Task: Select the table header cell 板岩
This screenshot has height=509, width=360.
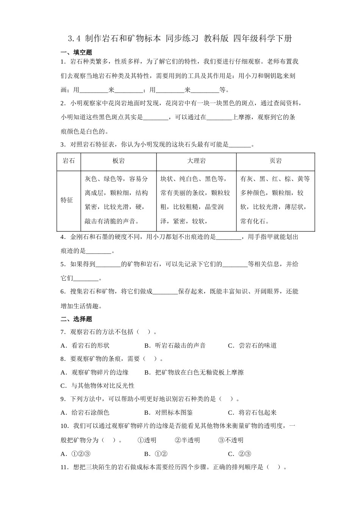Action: [x=119, y=161]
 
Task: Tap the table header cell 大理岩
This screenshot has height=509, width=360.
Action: [x=196, y=161]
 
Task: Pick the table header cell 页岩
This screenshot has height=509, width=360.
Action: [x=275, y=161]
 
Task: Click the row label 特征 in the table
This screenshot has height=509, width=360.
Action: [x=67, y=200]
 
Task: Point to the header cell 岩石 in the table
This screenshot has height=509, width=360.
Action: [x=69, y=161]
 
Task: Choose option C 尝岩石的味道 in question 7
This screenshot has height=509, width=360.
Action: [x=252, y=345]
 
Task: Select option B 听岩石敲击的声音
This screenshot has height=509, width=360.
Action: [x=175, y=345]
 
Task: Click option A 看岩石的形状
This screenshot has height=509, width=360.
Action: [x=85, y=345]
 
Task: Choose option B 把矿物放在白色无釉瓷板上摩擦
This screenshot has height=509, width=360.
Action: [x=194, y=372]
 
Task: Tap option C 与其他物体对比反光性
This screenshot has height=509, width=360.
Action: [x=97, y=386]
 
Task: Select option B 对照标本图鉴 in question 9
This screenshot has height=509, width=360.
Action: [x=169, y=412]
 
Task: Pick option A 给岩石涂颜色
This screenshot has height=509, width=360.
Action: [x=85, y=412]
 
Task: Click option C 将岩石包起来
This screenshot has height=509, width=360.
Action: [x=252, y=412]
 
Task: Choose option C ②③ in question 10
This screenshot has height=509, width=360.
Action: [x=240, y=454]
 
